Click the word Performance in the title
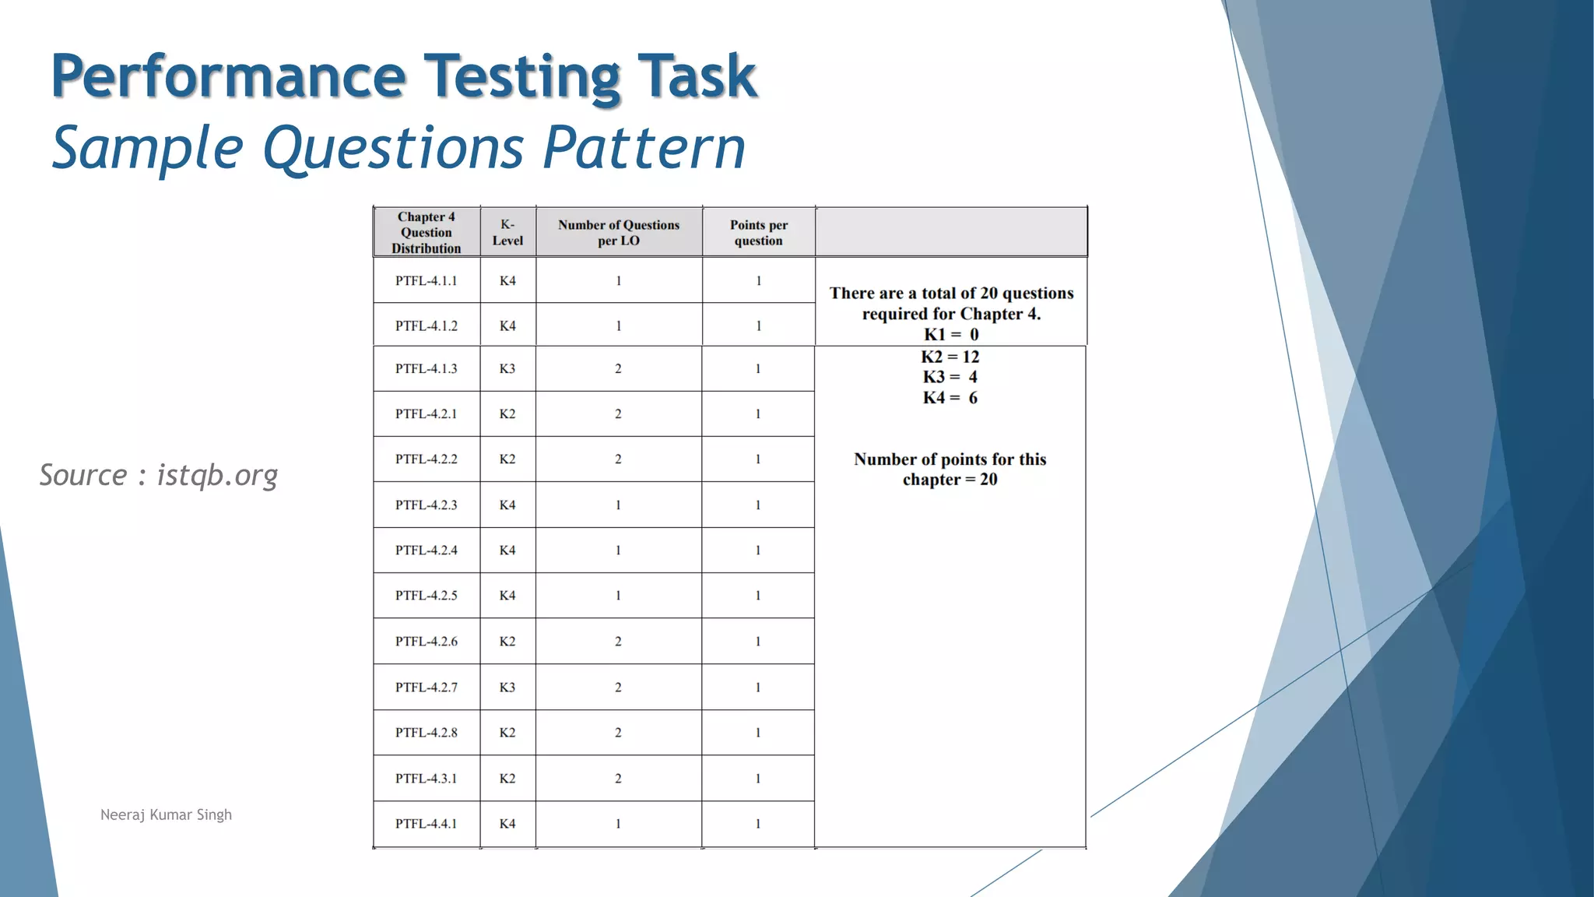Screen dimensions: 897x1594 229,76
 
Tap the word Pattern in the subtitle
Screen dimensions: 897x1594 644,148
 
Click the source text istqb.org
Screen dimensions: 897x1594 217,475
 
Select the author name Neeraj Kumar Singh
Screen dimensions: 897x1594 166,814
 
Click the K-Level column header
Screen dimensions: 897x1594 507,232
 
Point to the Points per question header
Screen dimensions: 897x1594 759,232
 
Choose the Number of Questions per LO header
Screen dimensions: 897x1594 619,232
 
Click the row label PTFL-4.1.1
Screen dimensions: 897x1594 426,280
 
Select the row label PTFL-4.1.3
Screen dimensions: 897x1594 426,368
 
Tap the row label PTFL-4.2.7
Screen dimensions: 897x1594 426,687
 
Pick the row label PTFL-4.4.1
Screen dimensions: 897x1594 426,823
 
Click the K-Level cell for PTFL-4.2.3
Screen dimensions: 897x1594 507,505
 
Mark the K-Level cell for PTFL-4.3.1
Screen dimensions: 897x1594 507,778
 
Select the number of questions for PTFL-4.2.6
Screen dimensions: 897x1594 618,641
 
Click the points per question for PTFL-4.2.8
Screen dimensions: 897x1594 758,732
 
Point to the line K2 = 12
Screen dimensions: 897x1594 950,357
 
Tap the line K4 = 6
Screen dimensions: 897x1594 950,398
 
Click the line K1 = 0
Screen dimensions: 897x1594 951,335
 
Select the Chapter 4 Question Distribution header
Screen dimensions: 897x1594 426,232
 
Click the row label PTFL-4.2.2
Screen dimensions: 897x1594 426,459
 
